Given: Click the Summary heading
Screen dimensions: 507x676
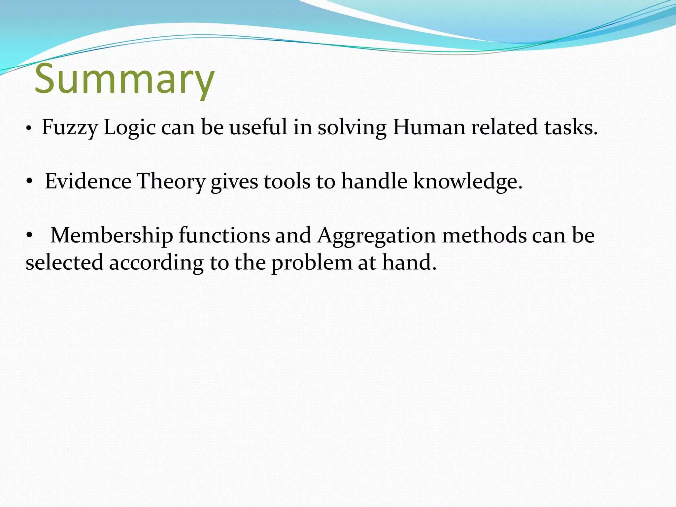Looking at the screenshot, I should tap(124, 79).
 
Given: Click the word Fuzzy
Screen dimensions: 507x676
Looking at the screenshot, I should tap(70, 127).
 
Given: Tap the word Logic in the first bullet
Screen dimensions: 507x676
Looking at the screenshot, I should tap(129, 127).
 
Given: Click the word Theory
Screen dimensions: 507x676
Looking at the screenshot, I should tap(171, 182).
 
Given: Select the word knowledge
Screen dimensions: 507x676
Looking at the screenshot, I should tap(468, 182).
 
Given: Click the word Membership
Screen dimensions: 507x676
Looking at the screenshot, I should tap(112, 235).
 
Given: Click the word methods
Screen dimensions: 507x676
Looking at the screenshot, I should tap(484, 235).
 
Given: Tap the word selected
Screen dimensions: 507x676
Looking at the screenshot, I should tap(64, 262).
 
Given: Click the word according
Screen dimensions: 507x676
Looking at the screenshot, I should tap(156, 263).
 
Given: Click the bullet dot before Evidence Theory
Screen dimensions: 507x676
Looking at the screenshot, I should tap(29, 181).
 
